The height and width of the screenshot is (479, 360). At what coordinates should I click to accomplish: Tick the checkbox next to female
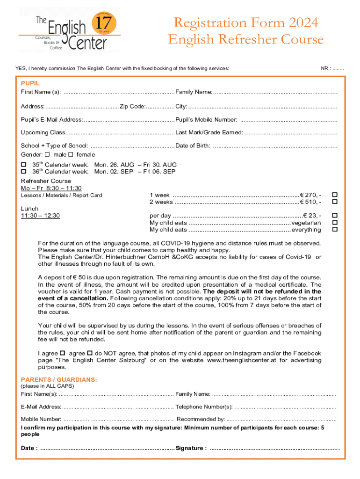coord(71,154)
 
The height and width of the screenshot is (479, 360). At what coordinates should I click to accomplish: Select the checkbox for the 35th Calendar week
coord(24,165)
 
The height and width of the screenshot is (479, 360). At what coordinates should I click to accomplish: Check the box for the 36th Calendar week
coord(24,172)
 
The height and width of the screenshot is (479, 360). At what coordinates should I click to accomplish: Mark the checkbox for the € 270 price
coord(334,195)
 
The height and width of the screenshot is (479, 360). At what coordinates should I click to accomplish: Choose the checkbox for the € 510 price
coord(334,202)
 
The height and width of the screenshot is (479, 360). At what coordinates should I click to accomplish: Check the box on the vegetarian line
coord(334,223)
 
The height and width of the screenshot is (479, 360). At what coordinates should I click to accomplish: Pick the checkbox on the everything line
coord(334,230)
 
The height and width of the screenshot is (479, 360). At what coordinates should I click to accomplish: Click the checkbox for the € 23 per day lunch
coord(334,216)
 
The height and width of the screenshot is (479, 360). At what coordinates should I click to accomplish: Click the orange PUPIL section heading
coord(30,83)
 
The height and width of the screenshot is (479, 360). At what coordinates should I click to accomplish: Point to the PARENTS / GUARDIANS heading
coord(59,379)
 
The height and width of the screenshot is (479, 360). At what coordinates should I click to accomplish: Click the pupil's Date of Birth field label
coord(193,145)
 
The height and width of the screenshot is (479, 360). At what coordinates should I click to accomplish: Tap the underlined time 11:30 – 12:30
coord(40,216)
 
